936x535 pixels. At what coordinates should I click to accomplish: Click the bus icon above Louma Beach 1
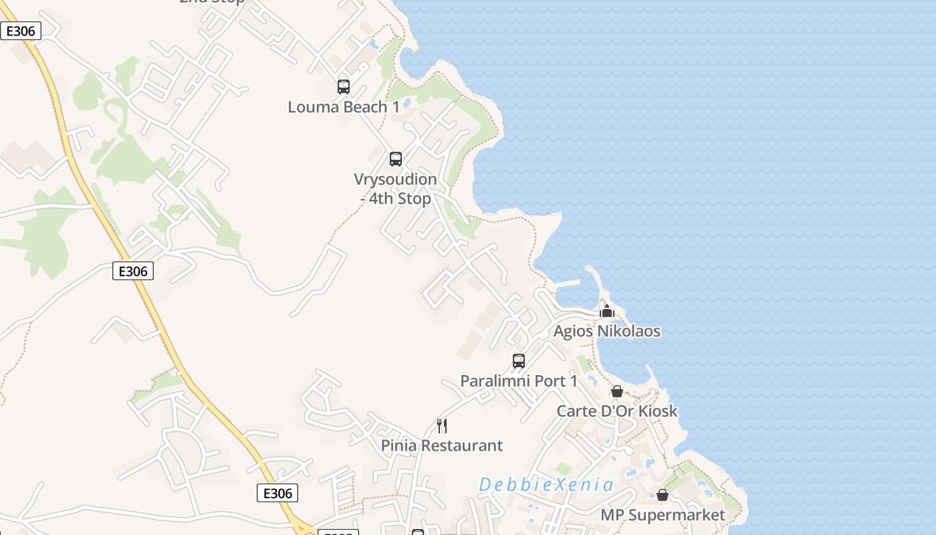(x=343, y=86)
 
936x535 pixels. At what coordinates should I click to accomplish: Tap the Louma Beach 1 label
(x=344, y=107)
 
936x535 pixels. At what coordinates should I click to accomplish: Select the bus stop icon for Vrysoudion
(x=396, y=159)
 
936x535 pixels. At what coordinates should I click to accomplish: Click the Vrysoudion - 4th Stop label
(x=395, y=189)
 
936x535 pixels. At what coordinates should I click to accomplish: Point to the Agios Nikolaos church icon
(x=607, y=311)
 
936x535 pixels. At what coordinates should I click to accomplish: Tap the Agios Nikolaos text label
(x=607, y=331)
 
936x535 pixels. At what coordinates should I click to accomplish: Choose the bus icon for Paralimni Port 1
(x=519, y=361)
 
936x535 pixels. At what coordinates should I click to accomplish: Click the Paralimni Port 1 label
(x=519, y=381)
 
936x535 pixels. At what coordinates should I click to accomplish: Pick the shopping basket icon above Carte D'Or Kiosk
(x=617, y=391)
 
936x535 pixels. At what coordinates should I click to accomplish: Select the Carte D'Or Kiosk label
(x=617, y=411)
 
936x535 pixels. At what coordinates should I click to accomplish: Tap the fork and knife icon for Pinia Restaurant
(x=442, y=425)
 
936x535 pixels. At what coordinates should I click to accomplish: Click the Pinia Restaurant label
(x=442, y=445)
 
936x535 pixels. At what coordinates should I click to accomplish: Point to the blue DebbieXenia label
(x=546, y=484)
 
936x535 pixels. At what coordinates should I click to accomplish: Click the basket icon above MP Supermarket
(x=663, y=495)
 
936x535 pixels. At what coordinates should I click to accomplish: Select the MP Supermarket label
(x=663, y=515)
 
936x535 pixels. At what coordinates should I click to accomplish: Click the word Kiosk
(x=658, y=411)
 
